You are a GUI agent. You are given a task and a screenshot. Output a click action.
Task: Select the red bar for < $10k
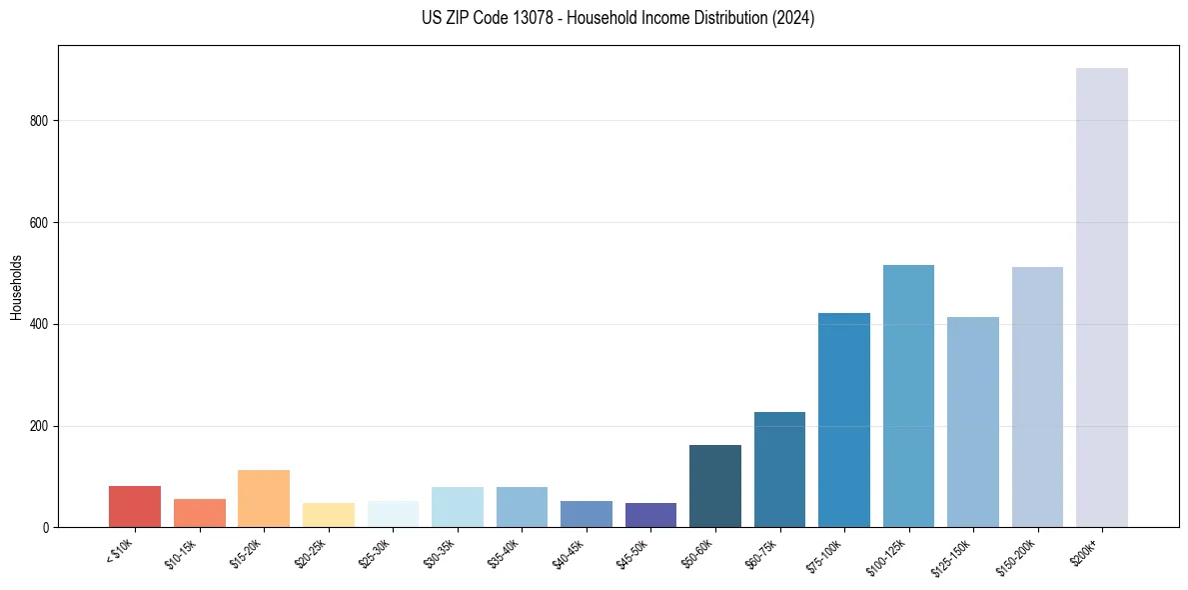click(135, 506)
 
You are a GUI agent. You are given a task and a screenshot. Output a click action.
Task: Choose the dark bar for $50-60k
click(715, 486)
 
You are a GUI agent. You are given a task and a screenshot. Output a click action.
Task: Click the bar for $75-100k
click(844, 420)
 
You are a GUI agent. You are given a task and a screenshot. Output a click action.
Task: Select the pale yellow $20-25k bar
click(328, 515)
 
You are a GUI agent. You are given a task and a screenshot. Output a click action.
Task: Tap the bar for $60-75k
click(779, 469)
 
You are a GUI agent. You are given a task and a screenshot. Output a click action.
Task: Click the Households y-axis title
click(16, 286)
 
